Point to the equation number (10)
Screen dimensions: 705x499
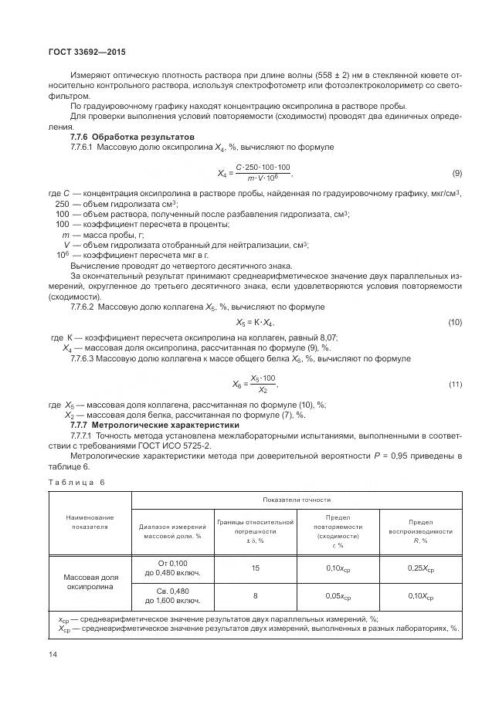455,322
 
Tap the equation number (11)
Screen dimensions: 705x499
455,384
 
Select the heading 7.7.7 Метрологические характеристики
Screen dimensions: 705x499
154,425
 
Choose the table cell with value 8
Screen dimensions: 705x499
255,597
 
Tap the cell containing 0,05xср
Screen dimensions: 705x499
338,597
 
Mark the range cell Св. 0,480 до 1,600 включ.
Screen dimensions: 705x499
171,597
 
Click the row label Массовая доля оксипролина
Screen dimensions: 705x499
89,582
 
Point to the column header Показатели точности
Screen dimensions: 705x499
297,500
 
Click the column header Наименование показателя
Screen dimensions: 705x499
89,521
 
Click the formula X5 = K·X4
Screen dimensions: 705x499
254,322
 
